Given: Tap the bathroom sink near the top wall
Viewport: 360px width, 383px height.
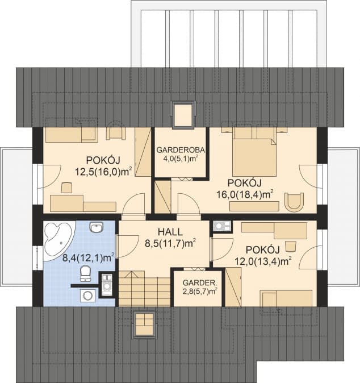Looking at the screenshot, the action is pyautogui.click(x=97, y=227).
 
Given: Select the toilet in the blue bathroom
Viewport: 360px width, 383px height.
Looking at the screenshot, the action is pyautogui.click(x=85, y=273).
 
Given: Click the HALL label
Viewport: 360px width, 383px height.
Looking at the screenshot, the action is pyautogui.click(x=170, y=231).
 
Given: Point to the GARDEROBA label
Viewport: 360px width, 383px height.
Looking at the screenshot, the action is pyautogui.click(x=180, y=149).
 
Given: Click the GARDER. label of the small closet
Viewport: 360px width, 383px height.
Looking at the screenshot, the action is pyautogui.click(x=200, y=283).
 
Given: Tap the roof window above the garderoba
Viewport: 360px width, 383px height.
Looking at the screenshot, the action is pyautogui.click(x=184, y=114).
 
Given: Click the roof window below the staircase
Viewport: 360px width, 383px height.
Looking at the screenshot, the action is pyautogui.click(x=144, y=324).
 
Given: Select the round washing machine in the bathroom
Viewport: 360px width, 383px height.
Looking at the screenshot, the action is pyautogui.click(x=87, y=295).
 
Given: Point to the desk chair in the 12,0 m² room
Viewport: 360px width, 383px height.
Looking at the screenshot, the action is pyautogui.click(x=290, y=246).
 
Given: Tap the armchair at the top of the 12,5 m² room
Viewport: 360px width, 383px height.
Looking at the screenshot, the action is pyautogui.click(x=116, y=134).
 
